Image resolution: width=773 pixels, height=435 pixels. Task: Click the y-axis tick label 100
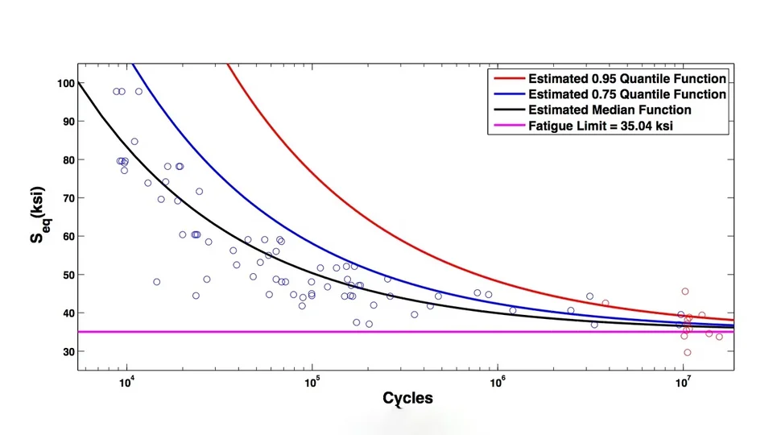click(x=65, y=83)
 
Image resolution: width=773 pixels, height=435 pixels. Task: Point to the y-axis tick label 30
click(x=68, y=352)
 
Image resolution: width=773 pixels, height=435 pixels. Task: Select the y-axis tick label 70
click(x=68, y=198)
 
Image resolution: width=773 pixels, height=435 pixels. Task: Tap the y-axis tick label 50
click(x=68, y=275)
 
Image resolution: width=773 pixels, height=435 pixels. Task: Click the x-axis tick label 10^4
click(x=127, y=383)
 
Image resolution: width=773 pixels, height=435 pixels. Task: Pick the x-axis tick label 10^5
click(x=312, y=383)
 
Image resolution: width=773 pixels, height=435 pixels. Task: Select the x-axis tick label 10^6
click(x=498, y=383)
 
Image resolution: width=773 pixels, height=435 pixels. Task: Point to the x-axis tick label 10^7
click(x=682, y=383)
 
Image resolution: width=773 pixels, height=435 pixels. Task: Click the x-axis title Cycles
click(x=407, y=399)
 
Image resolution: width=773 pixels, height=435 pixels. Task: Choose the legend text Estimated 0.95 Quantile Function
click(x=627, y=79)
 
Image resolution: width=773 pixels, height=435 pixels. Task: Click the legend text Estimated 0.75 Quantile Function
click(x=627, y=94)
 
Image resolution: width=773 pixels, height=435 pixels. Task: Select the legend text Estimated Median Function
click(x=610, y=110)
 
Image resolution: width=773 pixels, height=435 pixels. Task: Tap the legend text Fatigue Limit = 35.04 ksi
click(x=601, y=126)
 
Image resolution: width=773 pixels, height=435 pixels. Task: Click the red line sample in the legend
click(x=509, y=78)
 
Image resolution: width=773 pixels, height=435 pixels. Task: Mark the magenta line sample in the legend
click(x=509, y=126)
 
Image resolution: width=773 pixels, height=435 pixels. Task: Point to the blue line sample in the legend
click(x=509, y=93)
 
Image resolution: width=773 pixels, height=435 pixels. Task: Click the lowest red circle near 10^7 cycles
click(x=687, y=353)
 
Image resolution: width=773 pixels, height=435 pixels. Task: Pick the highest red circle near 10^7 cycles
click(x=684, y=292)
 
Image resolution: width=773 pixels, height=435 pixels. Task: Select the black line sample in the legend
click(x=509, y=110)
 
